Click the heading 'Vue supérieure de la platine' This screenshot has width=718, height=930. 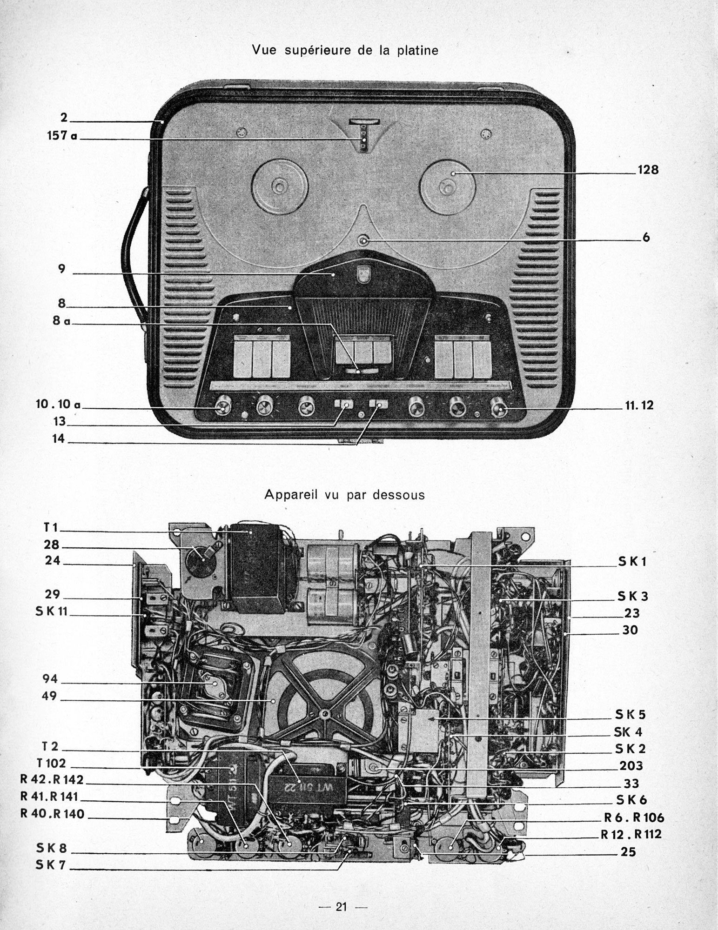[345, 50]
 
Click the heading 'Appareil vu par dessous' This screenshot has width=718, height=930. [344, 494]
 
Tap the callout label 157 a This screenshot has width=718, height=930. [62, 136]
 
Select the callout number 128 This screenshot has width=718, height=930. [648, 170]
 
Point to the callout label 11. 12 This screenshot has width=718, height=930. [639, 405]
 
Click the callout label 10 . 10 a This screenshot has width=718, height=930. [58, 405]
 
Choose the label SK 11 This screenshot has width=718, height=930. [52, 611]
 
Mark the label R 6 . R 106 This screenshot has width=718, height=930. [634, 817]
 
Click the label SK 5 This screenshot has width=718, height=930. [631, 714]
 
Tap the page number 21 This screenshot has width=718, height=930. [342, 907]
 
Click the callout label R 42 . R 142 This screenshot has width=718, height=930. [52, 780]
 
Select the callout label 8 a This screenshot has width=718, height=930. [60, 321]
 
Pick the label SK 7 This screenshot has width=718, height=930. [52, 866]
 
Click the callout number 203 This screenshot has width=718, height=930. [631, 765]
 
